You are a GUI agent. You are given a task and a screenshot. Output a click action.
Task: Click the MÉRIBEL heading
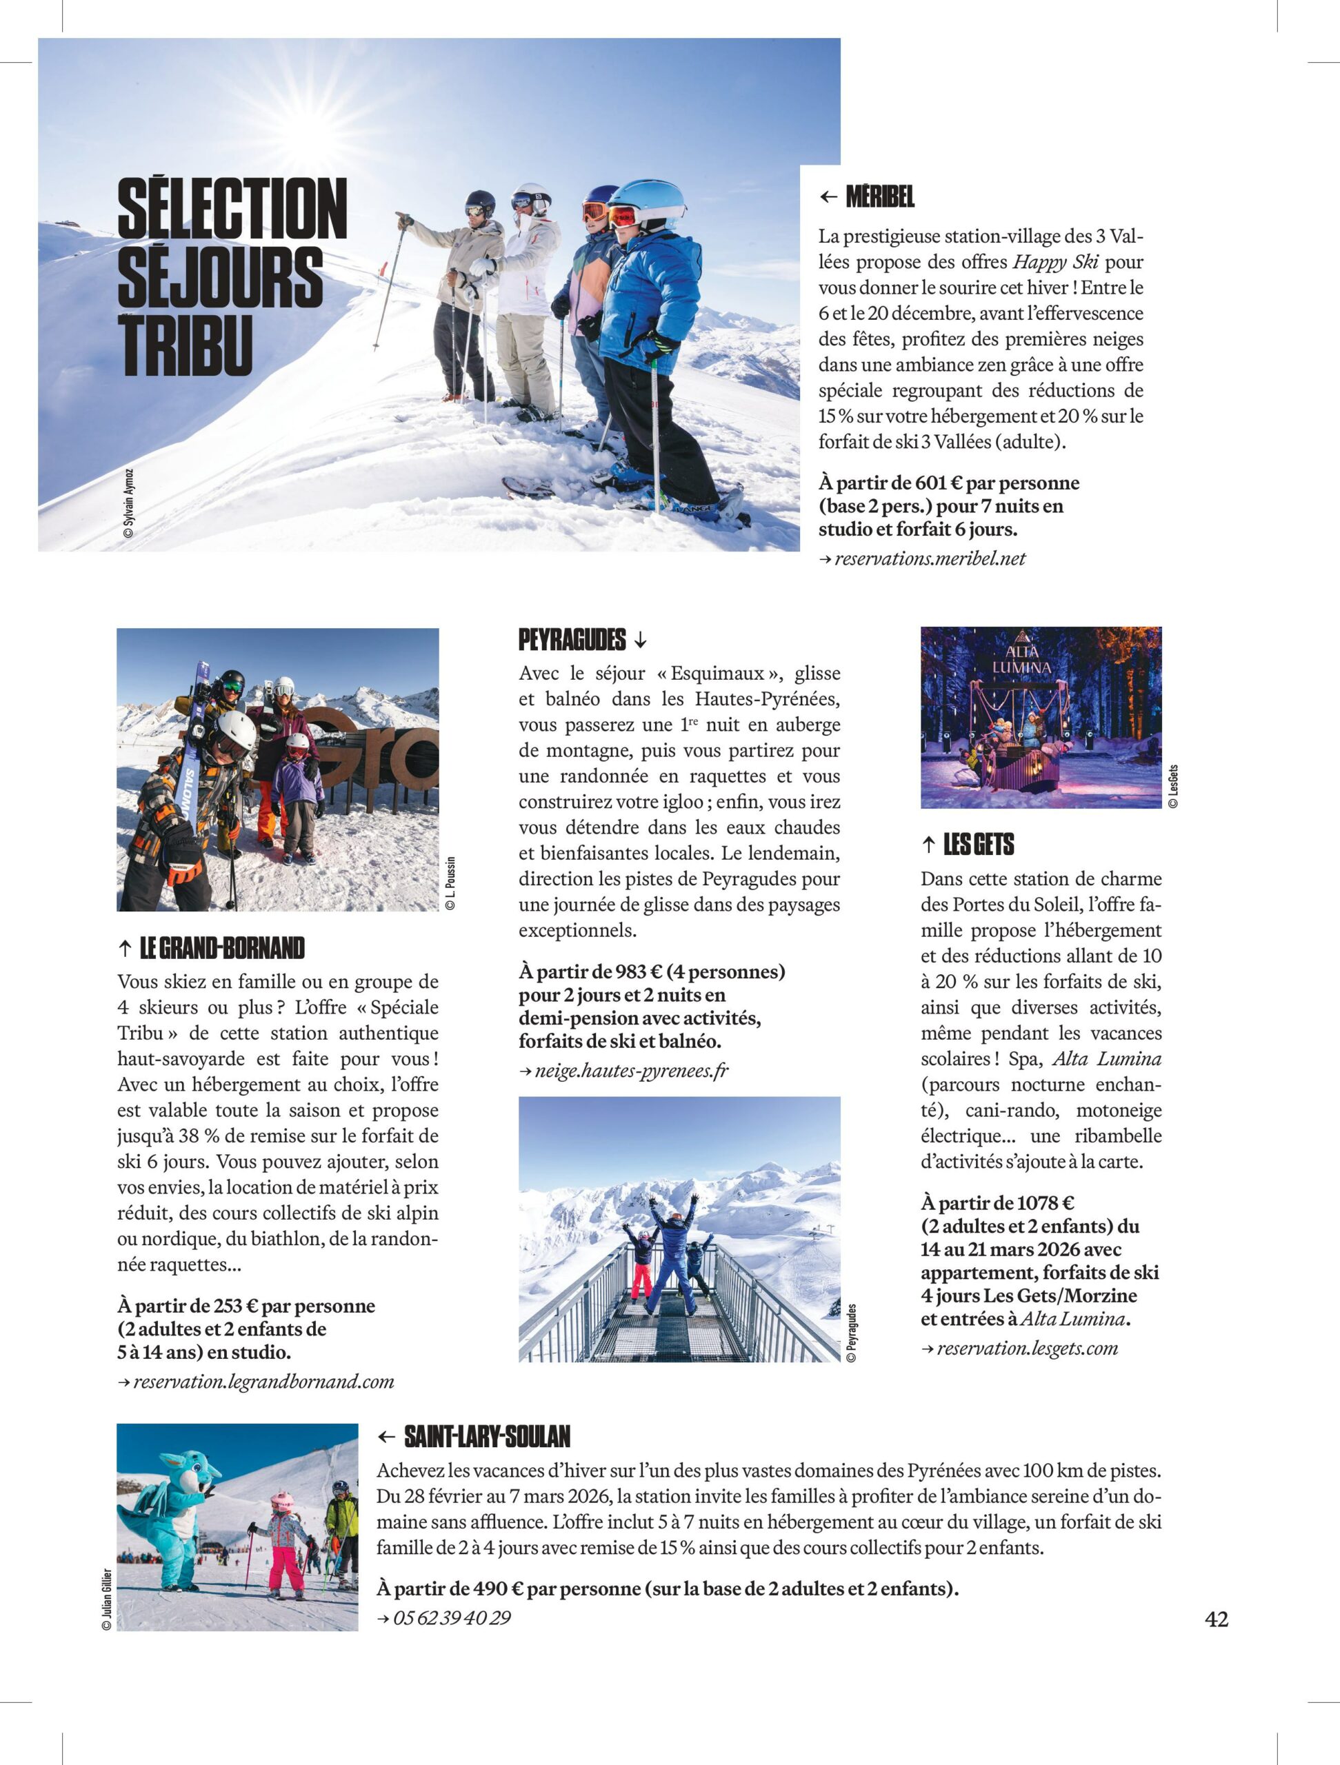click(x=879, y=196)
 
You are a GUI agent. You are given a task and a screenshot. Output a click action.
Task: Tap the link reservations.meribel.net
click(x=930, y=558)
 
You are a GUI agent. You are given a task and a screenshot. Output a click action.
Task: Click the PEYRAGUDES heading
click(x=572, y=640)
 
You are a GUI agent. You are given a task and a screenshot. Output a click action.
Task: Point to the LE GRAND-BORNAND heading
click(x=222, y=949)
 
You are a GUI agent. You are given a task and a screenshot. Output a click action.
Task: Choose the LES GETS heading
click(x=979, y=844)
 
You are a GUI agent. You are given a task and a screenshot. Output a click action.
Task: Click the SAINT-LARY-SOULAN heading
click(x=487, y=1437)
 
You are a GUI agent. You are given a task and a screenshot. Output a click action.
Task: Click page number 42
click(x=1217, y=1619)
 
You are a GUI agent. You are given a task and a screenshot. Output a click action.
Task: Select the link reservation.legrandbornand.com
click(x=263, y=1381)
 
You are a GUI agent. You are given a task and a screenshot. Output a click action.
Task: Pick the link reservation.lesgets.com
click(x=1027, y=1349)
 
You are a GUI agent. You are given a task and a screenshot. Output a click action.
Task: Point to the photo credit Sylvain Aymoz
click(x=129, y=503)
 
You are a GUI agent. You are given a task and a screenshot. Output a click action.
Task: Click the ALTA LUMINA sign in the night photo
click(x=1021, y=660)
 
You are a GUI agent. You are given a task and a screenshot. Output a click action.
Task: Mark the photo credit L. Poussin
click(x=451, y=883)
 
